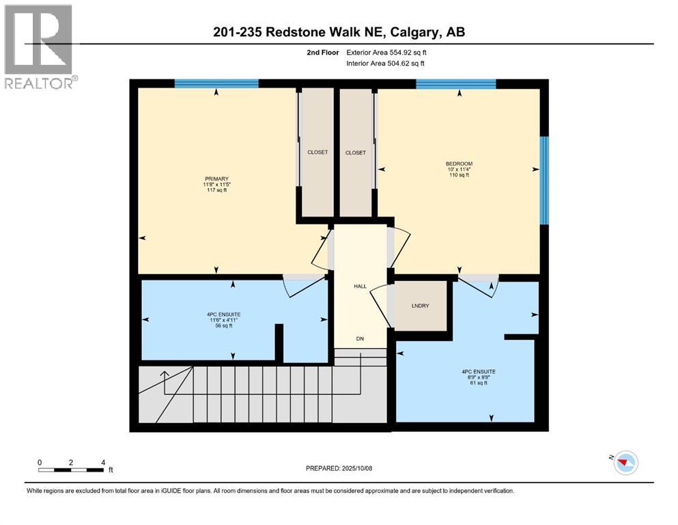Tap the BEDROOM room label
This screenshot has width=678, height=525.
coord(459,163)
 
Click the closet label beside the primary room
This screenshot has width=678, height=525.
coord(317,152)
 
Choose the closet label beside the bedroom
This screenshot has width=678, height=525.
coord(356,152)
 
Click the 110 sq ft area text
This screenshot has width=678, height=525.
coord(459,175)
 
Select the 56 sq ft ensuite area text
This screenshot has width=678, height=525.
coord(223,326)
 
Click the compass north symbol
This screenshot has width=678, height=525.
coord(624,463)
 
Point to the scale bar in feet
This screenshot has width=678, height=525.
coord(71,469)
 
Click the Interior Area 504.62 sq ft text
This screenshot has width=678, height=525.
coord(390,63)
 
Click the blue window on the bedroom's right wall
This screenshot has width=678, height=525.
coord(543,180)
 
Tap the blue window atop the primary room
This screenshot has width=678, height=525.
coord(216,84)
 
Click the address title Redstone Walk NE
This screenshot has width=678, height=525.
coord(339,32)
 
